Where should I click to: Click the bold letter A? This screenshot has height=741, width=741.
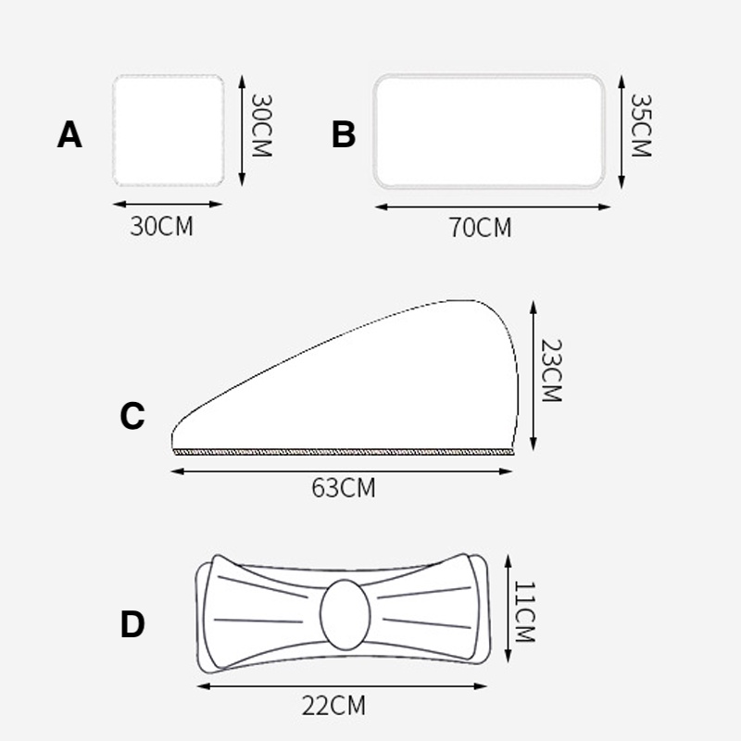point(69,134)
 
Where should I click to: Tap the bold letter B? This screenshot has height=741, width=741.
point(344,134)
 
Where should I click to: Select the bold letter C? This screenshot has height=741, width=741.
point(132,416)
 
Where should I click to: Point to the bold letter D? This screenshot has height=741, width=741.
point(132,623)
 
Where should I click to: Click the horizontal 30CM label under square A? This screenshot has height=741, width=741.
point(161,226)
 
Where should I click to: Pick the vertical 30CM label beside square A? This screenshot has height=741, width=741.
point(261,125)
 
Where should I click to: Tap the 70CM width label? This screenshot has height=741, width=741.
point(480,227)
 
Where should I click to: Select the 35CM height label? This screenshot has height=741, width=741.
point(641,125)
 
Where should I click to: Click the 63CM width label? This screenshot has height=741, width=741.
point(344,488)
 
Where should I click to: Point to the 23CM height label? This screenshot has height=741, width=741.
point(551,370)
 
